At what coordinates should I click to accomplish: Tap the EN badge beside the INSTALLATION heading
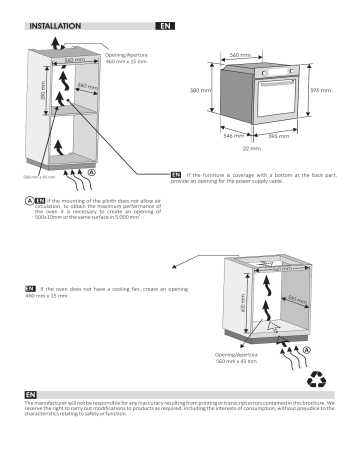pyautogui.click(x=165, y=23)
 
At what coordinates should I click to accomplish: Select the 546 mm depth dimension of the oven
pyautogui.click(x=232, y=134)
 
